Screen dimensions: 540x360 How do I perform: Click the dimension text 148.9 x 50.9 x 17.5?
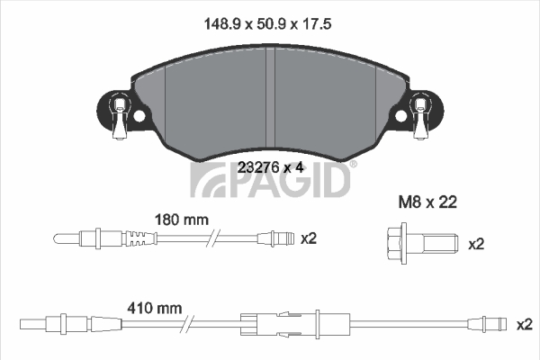[267, 24]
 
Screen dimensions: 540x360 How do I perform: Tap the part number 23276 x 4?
[271, 167]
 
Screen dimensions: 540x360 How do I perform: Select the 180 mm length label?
[182, 220]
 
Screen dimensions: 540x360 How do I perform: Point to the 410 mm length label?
[154, 308]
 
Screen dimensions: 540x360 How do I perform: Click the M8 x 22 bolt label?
[427, 202]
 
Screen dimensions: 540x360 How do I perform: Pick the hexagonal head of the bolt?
[397, 243]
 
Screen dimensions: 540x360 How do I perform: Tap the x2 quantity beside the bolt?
[476, 244]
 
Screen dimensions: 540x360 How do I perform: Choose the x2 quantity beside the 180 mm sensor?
[308, 238]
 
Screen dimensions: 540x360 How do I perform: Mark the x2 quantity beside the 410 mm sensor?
[525, 325]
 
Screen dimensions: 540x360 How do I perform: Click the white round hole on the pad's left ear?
[139, 116]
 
